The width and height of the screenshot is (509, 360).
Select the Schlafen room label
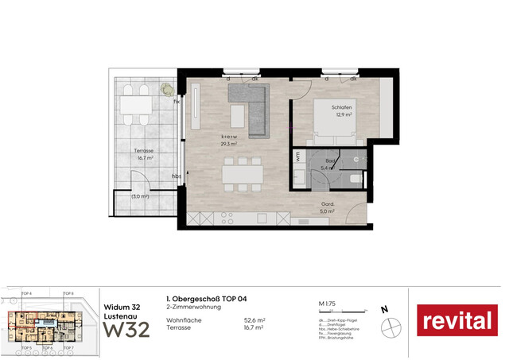[x=343, y=106]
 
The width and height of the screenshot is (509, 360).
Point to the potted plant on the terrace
[x=168, y=90]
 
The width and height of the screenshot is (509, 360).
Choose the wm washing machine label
[x=297, y=156]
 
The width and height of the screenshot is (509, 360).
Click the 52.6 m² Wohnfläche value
[x=254, y=320]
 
